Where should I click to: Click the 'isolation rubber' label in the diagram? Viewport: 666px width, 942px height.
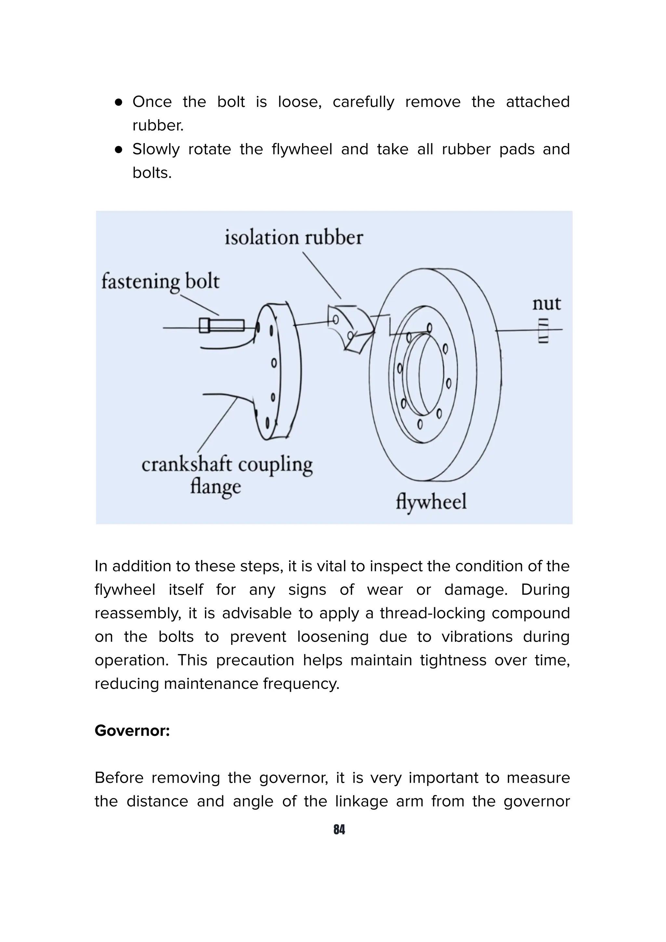coord(294,238)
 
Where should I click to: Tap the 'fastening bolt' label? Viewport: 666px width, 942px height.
coord(160,282)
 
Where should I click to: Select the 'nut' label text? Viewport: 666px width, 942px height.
coord(546,304)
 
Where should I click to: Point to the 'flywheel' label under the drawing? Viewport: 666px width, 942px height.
coord(431,501)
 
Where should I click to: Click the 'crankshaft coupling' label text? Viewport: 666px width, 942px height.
coord(227,465)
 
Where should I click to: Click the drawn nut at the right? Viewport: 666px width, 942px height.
coord(543,330)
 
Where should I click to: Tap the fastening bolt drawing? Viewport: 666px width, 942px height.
coord(221,326)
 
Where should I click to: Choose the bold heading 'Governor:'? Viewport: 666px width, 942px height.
coord(132,730)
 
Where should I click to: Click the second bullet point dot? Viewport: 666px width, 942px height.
coord(119,150)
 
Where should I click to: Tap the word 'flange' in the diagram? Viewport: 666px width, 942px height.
coord(215,487)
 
